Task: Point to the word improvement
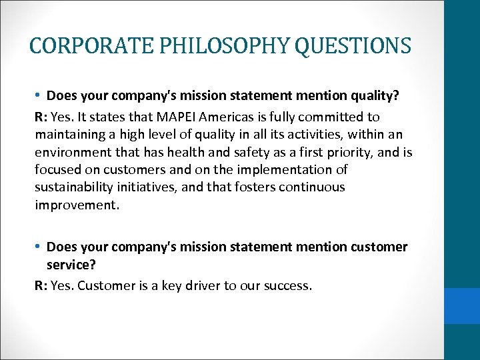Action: pyautogui.click(x=77, y=204)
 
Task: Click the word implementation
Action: pyautogui.click(x=289, y=169)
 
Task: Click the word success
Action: pyautogui.click(x=287, y=285)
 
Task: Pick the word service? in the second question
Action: pyautogui.click(x=71, y=265)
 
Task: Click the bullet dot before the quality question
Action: pyautogui.click(x=39, y=95)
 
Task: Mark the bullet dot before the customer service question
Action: pyautogui.click(x=39, y=247)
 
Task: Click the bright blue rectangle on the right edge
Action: pyautogui.click(x=462, y=305)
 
